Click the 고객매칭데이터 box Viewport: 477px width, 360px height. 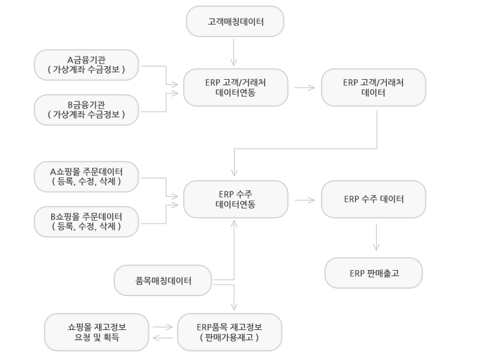235,21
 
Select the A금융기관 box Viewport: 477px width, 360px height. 87,65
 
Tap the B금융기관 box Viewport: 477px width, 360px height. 87,110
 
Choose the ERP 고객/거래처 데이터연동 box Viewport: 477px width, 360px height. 235,87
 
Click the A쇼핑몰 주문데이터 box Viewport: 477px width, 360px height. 87,177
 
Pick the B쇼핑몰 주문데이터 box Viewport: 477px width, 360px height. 87,222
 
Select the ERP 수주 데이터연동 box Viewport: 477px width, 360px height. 235,199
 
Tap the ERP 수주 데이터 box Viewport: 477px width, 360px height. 373,199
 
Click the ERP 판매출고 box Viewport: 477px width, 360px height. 373,273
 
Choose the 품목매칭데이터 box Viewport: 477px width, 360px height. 162,280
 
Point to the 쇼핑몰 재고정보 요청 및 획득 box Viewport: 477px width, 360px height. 97,332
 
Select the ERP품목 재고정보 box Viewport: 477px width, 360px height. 230,332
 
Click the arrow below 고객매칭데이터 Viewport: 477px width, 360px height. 233,52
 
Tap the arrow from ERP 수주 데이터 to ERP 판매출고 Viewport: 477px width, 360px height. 376,237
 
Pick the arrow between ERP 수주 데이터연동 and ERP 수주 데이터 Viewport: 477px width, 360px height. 304,200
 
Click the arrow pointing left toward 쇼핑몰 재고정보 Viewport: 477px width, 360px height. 162,337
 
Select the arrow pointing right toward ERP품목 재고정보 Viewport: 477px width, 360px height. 162,327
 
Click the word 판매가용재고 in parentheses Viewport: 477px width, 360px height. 229,337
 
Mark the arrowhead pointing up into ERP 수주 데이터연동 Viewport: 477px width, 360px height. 234,224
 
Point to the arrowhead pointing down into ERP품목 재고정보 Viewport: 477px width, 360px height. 234,307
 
